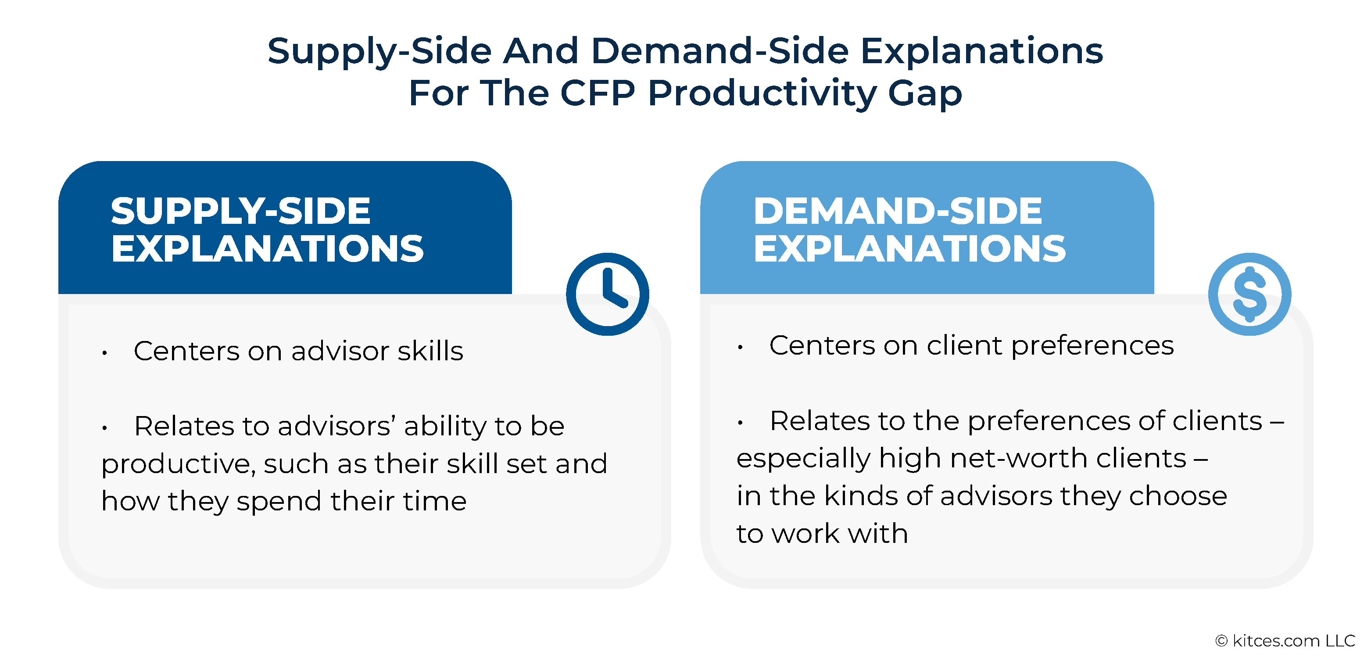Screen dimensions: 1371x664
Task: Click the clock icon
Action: click(x=607, y=294)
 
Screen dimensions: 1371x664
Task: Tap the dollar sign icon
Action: click(x=1249, y=294)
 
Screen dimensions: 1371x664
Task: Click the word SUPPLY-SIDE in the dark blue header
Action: click(x=240, y=211)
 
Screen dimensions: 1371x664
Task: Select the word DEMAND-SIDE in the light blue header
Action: click(x=898, y=211)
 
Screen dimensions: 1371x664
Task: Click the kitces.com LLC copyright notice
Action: click(x=1285, y=641)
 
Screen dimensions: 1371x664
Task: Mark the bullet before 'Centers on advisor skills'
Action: click(x=105, y=352)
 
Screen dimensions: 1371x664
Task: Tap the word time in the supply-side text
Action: click(x=435, y=501)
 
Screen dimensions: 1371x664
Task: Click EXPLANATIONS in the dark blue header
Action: click(x=267, y=249)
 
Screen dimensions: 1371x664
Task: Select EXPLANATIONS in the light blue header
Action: click(x=909, y=249)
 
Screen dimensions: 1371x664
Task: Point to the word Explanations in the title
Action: click(x=982, y=52)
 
